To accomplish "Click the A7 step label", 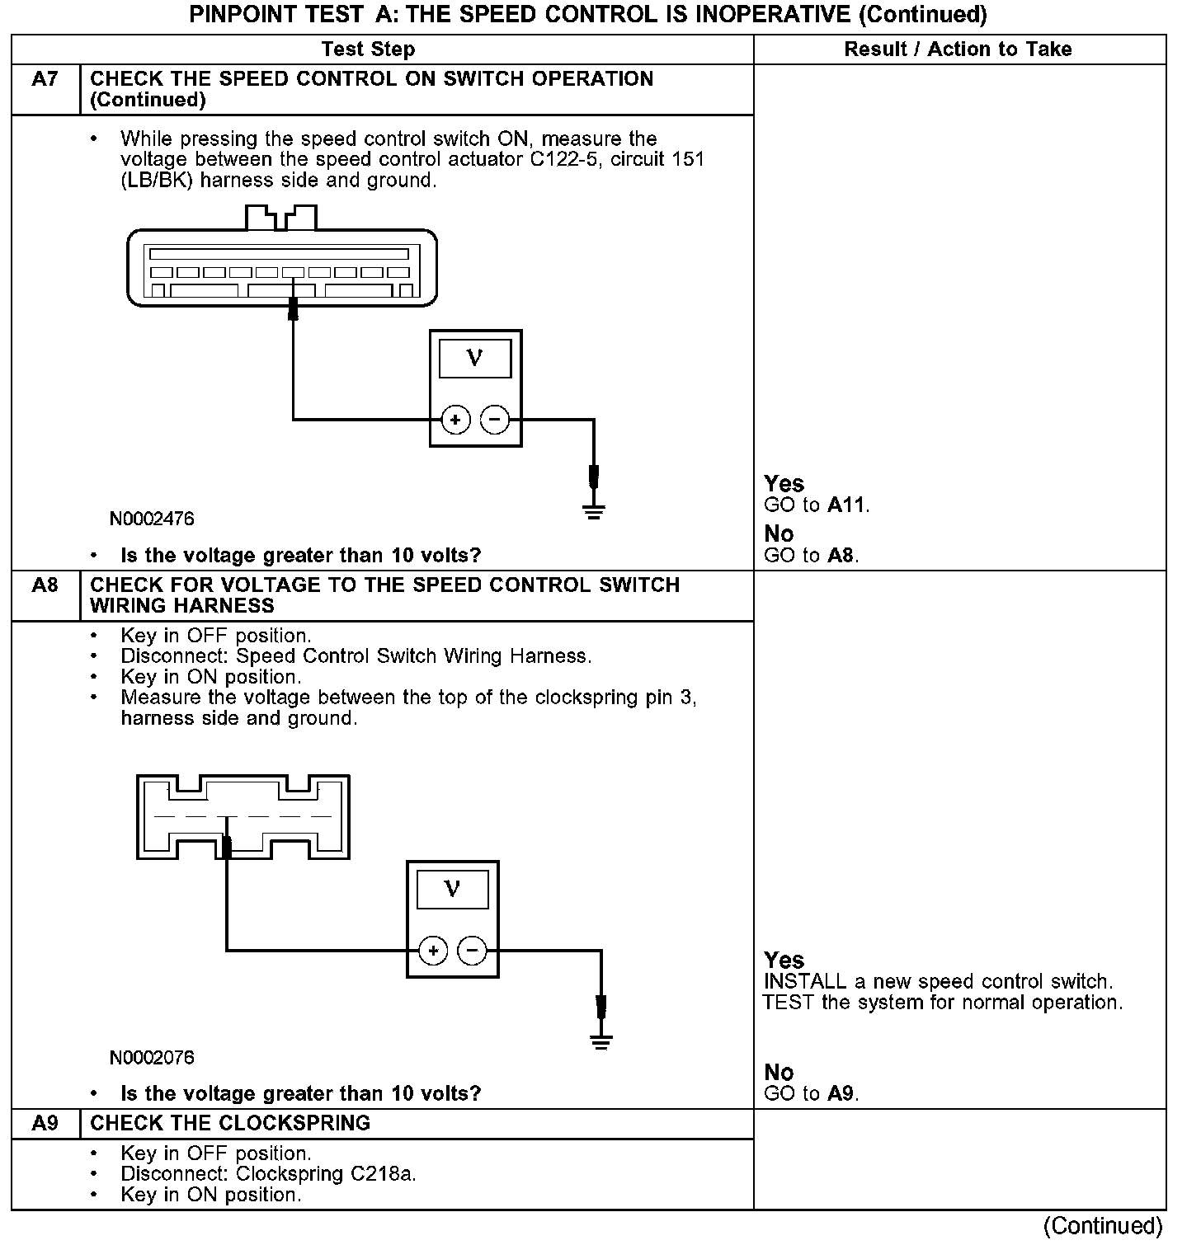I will point(45,79).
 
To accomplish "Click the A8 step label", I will point(45,585).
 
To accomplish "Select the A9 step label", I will point(45,1123).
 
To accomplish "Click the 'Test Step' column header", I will point(368,49).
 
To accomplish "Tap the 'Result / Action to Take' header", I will point(958,49).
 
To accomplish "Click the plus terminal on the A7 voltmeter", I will point(455,420).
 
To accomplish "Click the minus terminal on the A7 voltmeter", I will point(495,420).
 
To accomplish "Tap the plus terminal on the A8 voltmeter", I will point(433,951).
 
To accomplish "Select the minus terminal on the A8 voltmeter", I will point(472,951).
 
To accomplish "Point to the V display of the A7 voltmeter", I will point(474,359).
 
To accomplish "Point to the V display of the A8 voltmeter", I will point(452,890).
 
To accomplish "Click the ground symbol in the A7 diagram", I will point(594,510).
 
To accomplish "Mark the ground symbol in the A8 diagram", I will point(601,1041).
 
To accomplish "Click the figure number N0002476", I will point(152,519).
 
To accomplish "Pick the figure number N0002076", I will point(152,1057).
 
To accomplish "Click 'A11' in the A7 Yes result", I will point(847,505).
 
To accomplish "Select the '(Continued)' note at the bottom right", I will point(1103,1226).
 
